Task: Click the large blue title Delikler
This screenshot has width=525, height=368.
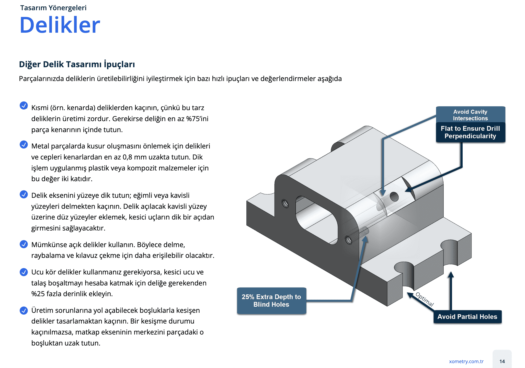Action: click(60, 25)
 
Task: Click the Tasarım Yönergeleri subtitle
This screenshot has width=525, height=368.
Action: click(53, 8)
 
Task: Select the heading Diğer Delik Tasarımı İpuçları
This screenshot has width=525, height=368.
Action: click(77, 64)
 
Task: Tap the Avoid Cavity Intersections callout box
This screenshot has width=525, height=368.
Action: click(470, 115)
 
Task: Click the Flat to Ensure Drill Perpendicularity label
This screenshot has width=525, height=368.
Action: click(470, 132)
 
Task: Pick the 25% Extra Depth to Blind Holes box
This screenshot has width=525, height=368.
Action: click(271, 301)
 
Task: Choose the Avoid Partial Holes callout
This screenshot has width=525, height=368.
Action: click(467, 317)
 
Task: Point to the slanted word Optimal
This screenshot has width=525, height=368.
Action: click(425, 299)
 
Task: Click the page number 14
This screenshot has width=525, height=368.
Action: click(502, 361)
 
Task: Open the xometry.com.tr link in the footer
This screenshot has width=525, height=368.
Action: click(466, 361)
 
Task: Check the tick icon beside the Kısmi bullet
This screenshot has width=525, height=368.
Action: click(24, 105)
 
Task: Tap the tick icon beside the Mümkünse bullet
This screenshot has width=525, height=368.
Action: click(24, 244)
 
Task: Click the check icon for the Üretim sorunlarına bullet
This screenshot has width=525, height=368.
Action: click(24, 310)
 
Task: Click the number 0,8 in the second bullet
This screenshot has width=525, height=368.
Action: click(127, 157)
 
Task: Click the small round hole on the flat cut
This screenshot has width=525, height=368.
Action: click(394, 197)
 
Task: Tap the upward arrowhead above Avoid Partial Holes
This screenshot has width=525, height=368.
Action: click(451, 275)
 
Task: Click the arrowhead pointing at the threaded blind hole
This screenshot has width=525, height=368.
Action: click(365, 239)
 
